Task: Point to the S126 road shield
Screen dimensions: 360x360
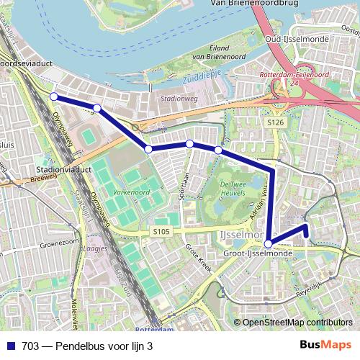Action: click(x=274, y=123)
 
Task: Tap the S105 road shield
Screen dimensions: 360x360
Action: click(x=161, y=231)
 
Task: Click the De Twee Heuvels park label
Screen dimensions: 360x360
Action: click(x=233, y=189)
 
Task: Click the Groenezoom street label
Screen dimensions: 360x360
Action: click(x=58, y=244)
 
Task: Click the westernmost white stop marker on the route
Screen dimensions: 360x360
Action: click(x=53, y=96)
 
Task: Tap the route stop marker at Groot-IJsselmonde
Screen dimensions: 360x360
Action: click(x=268, y=243)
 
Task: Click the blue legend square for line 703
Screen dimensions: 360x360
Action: click(x=10, y=346)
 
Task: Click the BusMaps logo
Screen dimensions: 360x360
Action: click(x=326, y=346)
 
